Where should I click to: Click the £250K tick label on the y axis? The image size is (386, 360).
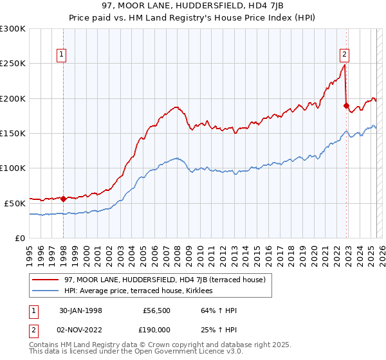13,64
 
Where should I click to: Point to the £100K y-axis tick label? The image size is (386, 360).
13,168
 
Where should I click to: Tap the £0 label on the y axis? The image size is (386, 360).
21,238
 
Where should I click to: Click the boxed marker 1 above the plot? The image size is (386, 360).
62,55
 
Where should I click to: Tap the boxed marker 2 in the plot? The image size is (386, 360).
345,55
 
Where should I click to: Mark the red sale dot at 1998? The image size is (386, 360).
63,199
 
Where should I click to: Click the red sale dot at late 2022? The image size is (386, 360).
346,105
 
